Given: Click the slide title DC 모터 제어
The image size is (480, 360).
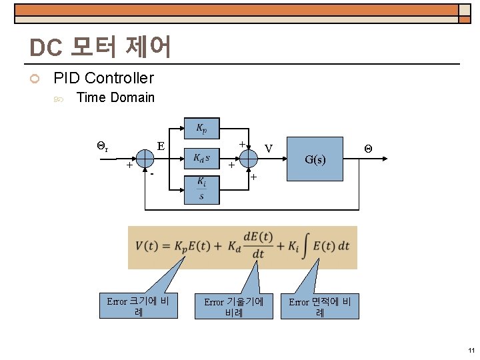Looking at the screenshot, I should (101, 47).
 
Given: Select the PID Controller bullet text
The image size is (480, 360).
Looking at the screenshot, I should (103, 78).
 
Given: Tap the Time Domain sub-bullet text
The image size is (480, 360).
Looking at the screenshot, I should (115, 98).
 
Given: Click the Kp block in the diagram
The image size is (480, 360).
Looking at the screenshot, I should (201, 127).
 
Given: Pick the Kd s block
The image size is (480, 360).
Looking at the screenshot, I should (201, 158).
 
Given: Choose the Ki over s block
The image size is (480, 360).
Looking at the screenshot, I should (201, 189).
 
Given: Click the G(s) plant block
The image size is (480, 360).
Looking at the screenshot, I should (315, 159).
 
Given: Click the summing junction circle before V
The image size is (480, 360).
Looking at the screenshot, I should (247, 159).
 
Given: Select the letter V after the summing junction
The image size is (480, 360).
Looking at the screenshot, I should (268, 148).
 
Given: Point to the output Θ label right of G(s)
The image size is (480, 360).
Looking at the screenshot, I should (367, 148).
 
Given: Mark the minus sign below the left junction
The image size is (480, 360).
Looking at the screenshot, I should (152, 174).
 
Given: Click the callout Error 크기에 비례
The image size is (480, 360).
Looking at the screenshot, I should (138, 307).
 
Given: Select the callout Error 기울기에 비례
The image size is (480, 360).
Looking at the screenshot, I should (233, 307).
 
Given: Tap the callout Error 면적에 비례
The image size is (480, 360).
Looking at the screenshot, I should (320, 307).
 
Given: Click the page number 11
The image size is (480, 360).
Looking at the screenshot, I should (471, 351).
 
